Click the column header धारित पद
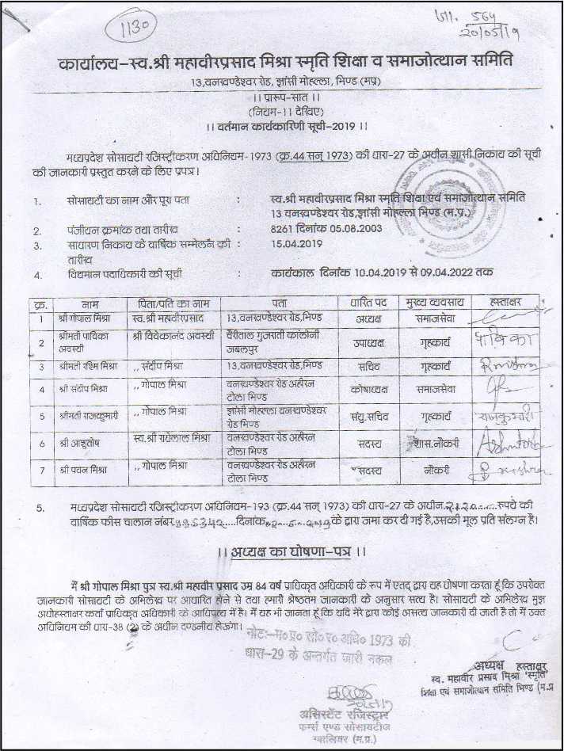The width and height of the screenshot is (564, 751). [367, 303]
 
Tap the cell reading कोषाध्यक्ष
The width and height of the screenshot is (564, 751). [367, 390]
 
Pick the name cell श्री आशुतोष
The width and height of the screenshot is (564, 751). [79, 441]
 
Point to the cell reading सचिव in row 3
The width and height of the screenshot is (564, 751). [367, 366]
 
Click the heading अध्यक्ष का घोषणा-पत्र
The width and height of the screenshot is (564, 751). [294, 551]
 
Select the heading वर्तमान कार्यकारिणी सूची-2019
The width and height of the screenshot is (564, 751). [285, 125]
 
